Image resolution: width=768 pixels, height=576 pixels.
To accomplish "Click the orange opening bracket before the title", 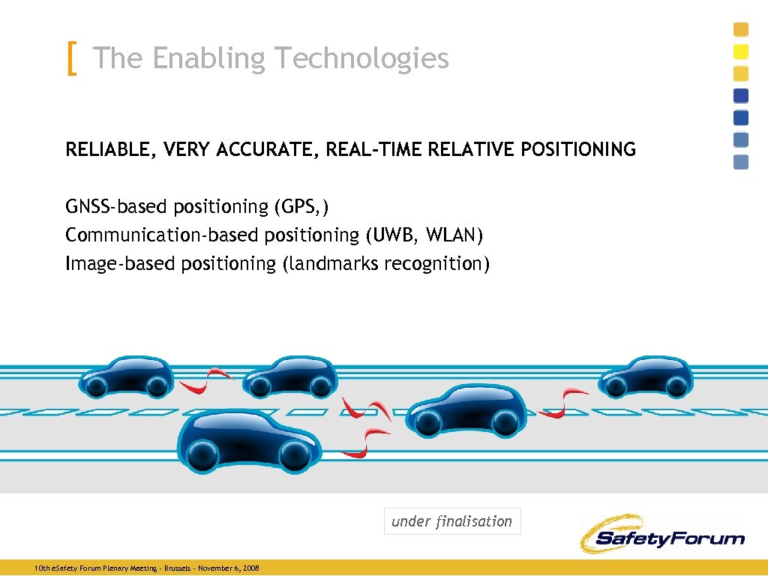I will click(71, 58).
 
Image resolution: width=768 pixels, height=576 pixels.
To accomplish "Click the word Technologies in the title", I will click(362, 58).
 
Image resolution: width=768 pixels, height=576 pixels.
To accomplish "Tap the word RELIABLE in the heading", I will click(108, 150).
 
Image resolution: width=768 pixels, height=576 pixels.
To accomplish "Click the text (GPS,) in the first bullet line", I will click(301, 206).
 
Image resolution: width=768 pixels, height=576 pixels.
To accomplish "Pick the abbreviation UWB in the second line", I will click(394, 235).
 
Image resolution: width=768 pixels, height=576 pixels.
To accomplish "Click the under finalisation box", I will click(451, 521).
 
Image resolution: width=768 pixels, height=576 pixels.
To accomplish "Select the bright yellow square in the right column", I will click(740, 52).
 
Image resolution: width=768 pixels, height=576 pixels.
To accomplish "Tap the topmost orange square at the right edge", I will click(740, 30).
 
